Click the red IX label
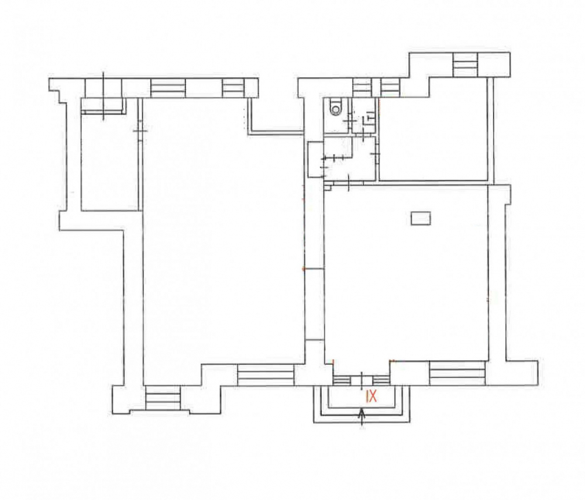pos(371,396)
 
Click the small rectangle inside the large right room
pos(421,218)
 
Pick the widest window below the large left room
pos(266,375)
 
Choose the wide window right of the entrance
pos(457,373)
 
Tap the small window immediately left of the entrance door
pos(342,380)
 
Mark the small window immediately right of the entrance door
pos(381,380)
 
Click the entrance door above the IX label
pos(362,380)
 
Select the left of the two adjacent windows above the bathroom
pos(362,88)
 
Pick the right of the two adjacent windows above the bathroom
pos(390,88)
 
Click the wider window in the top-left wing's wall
pos(168,88)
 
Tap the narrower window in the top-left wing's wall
pos(233,88)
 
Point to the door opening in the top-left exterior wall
pos(104,88)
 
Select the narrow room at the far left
pos(110,154)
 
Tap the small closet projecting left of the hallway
pos(315,160)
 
